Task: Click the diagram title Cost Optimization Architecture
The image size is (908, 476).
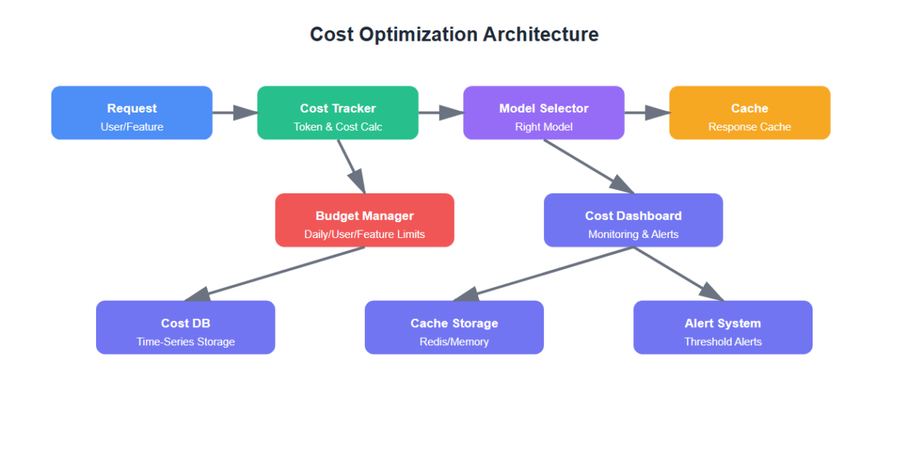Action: click(454, 35)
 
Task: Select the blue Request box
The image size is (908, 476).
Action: click(132, 113)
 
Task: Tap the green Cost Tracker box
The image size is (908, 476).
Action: click(337, 113)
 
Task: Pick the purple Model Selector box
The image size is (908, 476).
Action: click(543, 113)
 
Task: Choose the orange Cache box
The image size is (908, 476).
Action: click(749, 113)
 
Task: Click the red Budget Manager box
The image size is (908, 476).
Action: click(365, 220)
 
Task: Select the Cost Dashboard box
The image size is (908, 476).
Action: click(633, 220)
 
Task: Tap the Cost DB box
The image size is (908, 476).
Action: click(185, 327)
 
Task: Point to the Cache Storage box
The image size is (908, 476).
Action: click(454, 327)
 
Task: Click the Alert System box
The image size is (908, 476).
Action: click(723, 327)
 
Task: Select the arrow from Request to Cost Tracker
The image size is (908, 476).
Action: click(235, 113)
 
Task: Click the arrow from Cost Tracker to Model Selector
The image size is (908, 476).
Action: click(440, 113)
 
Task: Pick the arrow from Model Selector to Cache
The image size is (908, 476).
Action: click(647, 113)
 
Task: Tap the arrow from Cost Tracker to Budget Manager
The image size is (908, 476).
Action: click(351, 166)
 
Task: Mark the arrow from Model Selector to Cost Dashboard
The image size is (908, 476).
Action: click(589, 166)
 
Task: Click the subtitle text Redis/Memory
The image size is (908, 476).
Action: click(454, 342)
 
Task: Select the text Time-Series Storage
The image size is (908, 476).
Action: click(185, 342)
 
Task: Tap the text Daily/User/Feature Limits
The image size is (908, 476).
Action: click(365, 234)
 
